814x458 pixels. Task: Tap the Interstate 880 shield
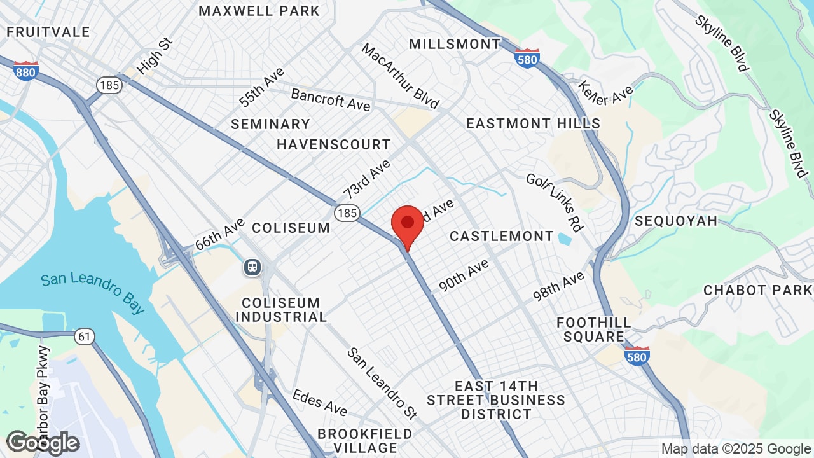(25, 71)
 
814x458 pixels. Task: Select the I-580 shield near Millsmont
(527, 59)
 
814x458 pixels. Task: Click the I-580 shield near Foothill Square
(637, 356)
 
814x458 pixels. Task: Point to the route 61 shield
(85, 336)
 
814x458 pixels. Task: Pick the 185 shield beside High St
(109, 85)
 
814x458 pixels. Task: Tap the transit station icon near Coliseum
(252, 267)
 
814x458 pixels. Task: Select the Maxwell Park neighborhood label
(259, 11)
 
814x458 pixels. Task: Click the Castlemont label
(502, 236)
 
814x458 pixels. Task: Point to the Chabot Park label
(757, 290)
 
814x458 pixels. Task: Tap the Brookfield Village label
(365, 440)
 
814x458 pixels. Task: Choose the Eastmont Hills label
(533, 123)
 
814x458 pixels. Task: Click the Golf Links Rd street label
(555, 202)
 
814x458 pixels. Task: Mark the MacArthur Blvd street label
(400, 76)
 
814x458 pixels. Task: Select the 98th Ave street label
(558, 286)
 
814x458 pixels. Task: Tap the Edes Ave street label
(320, 402)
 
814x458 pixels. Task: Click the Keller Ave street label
(605, 94)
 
